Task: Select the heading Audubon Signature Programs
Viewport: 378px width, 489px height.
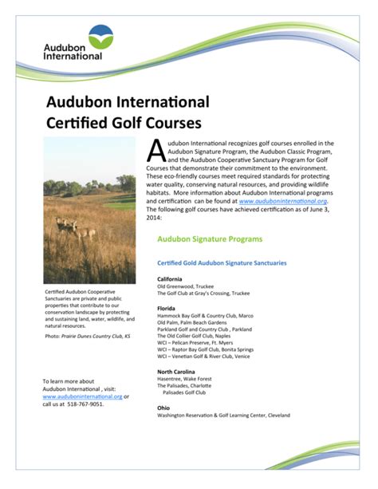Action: tap(210, 239)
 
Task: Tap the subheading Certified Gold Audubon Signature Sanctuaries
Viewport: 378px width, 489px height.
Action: tap(222, 262)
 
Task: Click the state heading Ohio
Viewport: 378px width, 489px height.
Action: tap(163, 408)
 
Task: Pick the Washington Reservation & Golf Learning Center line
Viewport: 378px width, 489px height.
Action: tap(223, 416)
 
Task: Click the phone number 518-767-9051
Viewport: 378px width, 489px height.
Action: tap(84, 404)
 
